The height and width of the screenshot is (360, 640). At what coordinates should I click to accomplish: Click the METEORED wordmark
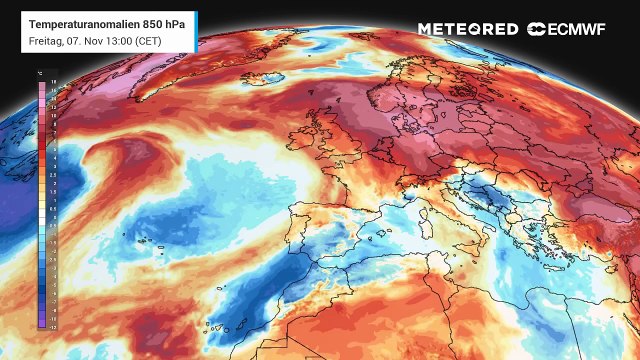pos(468,29)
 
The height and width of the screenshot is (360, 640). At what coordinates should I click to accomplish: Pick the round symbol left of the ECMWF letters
pos(536,29)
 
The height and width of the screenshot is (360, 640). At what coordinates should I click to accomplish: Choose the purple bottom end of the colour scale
pos(43,322)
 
